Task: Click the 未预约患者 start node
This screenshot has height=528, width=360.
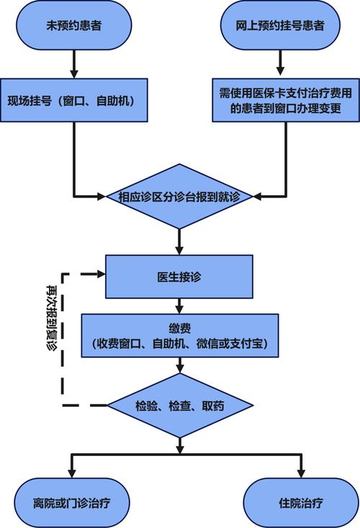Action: click(x=75, y=26)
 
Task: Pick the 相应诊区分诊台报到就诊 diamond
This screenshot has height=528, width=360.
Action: click(x=179, y=195)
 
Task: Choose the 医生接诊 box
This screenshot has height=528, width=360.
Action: click(x=179, y=275)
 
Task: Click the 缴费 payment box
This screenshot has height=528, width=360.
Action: click(x=179, y=336)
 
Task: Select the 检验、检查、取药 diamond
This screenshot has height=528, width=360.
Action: click(x=179, y=405)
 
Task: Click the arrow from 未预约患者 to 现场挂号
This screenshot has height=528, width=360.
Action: click(x=74, y=63)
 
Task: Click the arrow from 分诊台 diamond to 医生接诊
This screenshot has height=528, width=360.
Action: click(x=179, y=239)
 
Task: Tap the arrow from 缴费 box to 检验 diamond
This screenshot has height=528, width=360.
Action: click(x=179, y=366)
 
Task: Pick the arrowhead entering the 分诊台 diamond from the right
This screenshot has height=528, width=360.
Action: click(x=259, y=195)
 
